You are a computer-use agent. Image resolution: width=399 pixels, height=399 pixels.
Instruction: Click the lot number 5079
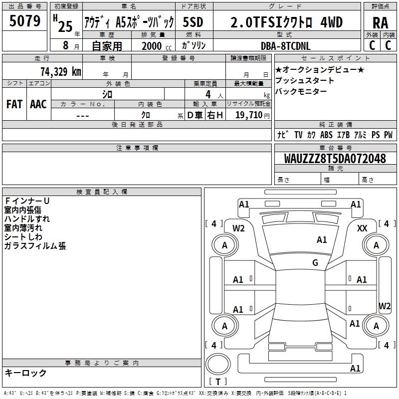(25, 21)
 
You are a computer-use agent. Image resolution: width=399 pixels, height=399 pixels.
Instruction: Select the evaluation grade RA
(380, 22)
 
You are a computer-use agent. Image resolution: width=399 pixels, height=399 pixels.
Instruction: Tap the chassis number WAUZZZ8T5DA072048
(335, 159)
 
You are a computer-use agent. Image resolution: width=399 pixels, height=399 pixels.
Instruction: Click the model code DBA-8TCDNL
(286, 45)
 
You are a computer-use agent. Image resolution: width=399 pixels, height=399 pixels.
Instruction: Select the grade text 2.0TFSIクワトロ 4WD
(286, 22)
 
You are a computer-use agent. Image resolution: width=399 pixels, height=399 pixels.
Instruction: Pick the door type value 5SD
(193, 22)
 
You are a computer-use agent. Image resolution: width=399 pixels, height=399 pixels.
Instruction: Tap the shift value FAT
(14, 104)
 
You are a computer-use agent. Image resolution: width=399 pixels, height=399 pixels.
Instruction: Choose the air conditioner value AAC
(38, 104)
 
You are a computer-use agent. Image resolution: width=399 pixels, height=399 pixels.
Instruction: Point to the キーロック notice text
(25, 373)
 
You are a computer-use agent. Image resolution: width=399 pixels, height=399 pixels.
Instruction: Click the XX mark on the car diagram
(363, 228)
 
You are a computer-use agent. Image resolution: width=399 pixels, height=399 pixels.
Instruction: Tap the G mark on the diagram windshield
(315, 263)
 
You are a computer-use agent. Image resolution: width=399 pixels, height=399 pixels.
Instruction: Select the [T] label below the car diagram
(218, 382)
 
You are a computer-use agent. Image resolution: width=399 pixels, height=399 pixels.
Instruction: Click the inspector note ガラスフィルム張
(35, 246)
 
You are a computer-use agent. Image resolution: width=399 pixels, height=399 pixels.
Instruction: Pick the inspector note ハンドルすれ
(27, 219)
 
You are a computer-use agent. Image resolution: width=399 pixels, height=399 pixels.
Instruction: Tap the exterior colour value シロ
(107, 94)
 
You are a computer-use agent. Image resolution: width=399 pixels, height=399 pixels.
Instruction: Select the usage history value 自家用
(107, 46)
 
